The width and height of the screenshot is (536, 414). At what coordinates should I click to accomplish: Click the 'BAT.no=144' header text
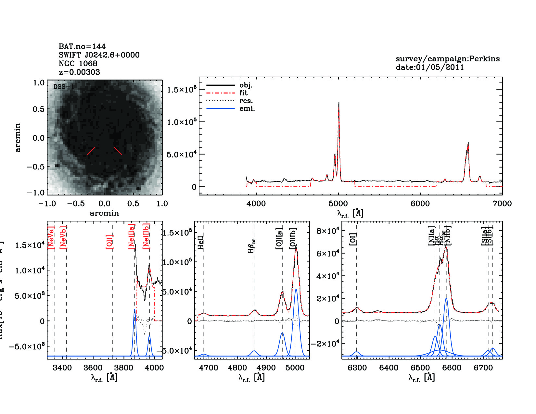(82, 46)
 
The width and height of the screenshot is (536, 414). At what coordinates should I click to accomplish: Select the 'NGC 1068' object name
(78, 64)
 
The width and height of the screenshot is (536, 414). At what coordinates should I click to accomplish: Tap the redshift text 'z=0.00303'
(79, 72)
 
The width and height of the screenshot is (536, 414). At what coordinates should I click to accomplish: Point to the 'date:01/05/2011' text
(429, 67)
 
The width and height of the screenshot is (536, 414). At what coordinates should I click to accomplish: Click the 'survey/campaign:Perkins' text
(447, 59)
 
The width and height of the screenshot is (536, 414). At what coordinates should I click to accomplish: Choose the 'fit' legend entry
(243, 93)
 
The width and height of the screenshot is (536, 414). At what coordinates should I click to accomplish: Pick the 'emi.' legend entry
(247, 108)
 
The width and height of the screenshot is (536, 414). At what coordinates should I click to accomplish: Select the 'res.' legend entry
(246, 101)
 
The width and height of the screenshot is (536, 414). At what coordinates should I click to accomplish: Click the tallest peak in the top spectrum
(339, 103)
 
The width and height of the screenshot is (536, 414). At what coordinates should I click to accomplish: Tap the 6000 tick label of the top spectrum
(420, 204)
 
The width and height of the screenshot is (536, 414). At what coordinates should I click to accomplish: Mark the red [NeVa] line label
(51, 237)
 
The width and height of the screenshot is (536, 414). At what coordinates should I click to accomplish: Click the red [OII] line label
(109, 242)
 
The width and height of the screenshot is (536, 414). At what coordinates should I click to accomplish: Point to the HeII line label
(201, 243)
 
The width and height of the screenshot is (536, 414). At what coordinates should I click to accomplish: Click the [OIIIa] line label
(279, 238)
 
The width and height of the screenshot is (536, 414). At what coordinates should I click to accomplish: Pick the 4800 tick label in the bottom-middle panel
(237, 368)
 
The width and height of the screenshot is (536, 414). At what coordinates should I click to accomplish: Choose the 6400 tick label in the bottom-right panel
(389, 368)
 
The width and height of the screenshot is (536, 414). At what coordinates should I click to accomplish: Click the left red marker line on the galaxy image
(91, 151)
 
